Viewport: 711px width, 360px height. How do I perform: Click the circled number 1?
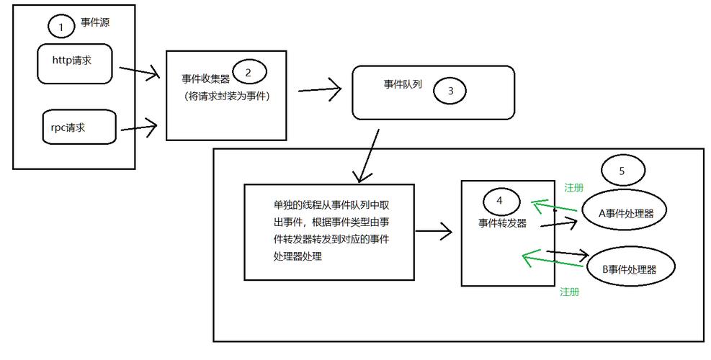point(61,27)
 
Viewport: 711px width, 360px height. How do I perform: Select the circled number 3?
point(451,91)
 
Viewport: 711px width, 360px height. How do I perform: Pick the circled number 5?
point(622,171)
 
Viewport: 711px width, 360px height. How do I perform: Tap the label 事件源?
point(95,23)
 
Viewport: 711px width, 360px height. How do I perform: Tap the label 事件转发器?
point(502,223)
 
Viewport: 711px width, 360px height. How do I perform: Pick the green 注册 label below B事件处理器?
point(570,292)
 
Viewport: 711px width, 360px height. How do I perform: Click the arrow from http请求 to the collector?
point(138,71)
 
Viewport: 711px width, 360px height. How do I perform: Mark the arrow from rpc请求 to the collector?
point(138,129)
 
